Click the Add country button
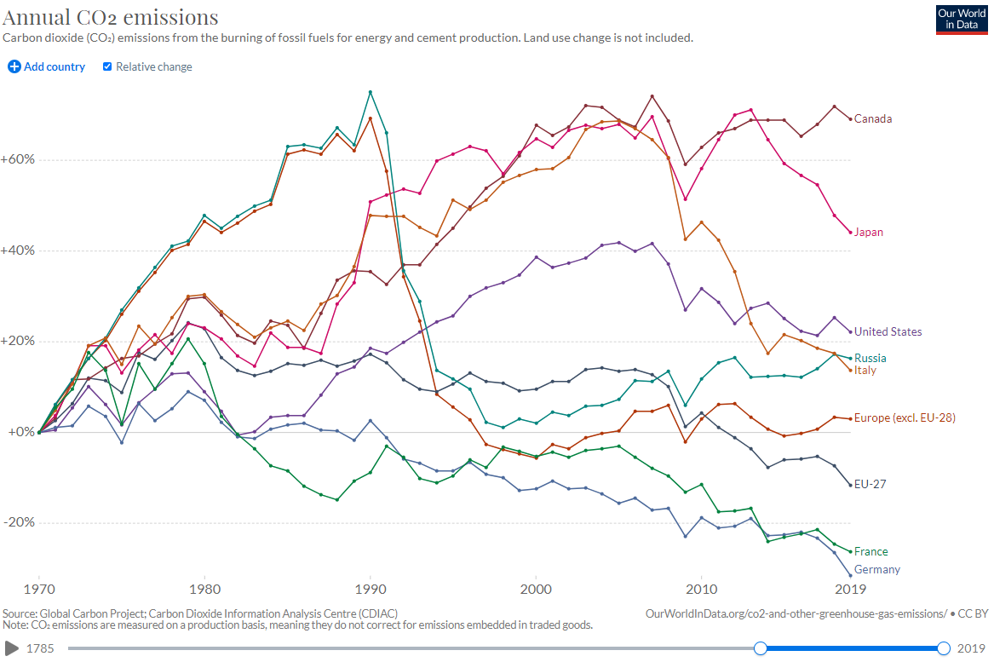coord(47,66)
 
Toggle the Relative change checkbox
coord(107,66)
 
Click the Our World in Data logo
coord(961,20)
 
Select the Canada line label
coord(873,118)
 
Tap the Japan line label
coord(869,232)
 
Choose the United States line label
coord(888,331)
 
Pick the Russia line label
coord(870,358)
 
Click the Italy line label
coord(865,370)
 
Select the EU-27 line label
coord(870,484)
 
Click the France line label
coord(871,551)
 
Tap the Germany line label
coord(877,569)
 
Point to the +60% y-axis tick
coord(17,160)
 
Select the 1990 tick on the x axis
coord(370,589)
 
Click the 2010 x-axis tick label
coord(701,589)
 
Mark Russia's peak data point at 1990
coord(370,92)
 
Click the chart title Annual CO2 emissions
coord(111,17)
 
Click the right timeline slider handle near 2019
coord(944,648)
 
